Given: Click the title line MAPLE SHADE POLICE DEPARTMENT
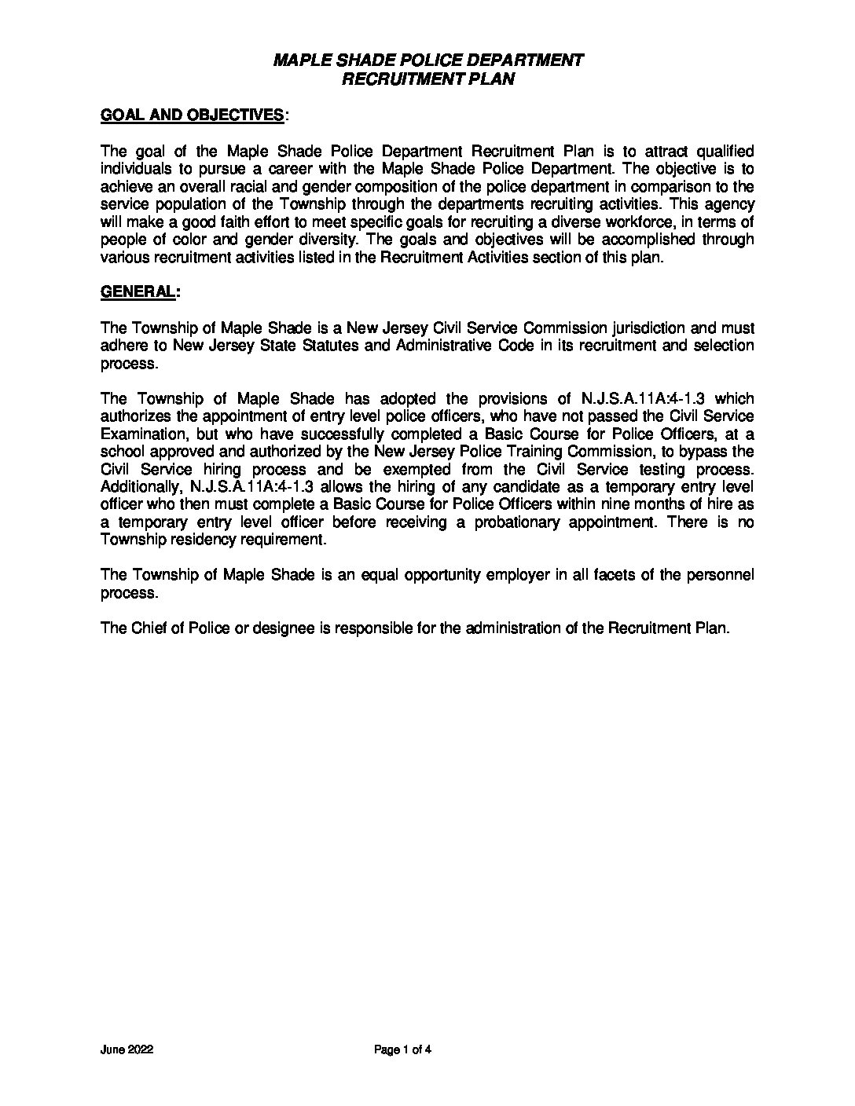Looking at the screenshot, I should point(427,60).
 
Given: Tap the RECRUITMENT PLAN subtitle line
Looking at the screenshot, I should point(427,79).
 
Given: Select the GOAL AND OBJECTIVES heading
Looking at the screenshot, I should point(193,115).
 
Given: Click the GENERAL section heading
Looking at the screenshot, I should point(138,291).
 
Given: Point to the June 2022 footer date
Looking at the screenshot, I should point(127,1049).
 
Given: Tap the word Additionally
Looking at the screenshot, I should point(141,487).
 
